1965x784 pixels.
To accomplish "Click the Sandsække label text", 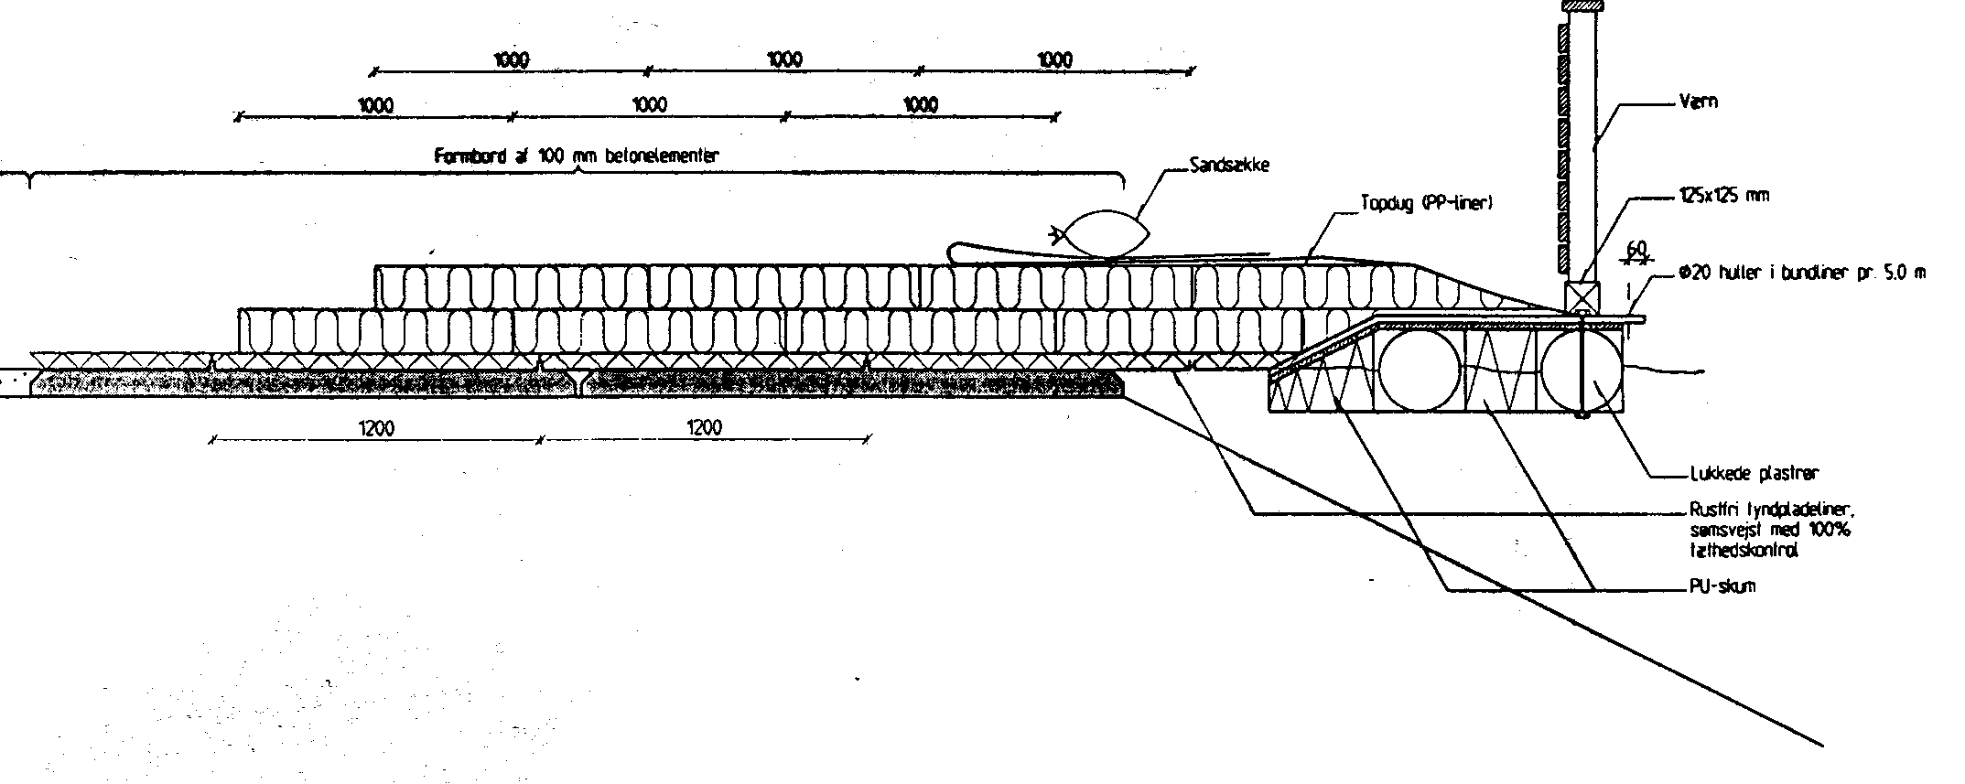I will [x=1228, y=166].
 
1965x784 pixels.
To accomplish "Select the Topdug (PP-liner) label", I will [x=1427, y=204].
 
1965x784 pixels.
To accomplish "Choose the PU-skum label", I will [x=1722, y=586].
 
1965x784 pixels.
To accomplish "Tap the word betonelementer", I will [x=661, y=156].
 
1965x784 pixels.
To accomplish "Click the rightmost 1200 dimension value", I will [x=703, y=427].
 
